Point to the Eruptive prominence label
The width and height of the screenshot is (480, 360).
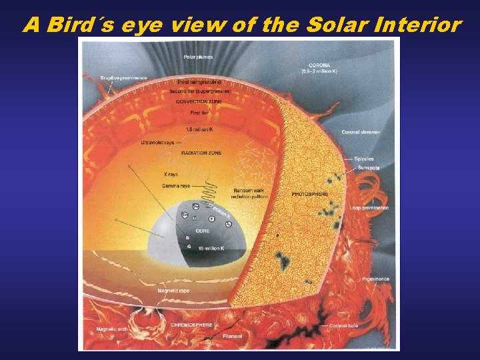124,78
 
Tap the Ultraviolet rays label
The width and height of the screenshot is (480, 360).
158,142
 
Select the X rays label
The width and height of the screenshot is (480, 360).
171,174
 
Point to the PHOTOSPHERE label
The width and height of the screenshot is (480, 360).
309,193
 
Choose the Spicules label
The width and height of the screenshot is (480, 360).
365,159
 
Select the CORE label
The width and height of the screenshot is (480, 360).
202,230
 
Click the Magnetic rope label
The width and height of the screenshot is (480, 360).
172,291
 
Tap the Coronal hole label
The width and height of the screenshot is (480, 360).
345,325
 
